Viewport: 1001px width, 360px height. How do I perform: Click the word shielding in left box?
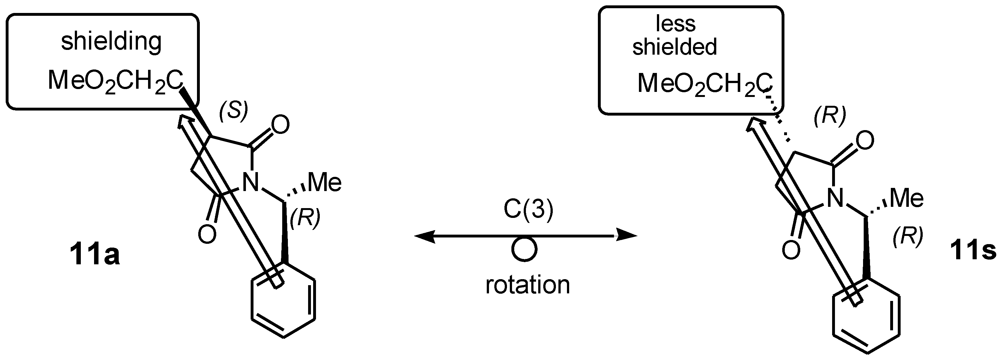click(111, 42)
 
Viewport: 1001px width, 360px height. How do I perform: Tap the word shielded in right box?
click(675, 47)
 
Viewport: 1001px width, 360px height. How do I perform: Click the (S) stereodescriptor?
click(233, 111)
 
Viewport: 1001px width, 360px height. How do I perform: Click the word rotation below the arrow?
click(528, 285)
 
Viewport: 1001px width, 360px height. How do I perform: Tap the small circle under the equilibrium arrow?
click(524, 249)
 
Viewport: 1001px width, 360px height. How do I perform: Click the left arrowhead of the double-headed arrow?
click(424, 236)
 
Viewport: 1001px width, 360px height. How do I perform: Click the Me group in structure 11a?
click(325, 183)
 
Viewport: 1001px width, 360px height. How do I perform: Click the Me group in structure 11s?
click(906, 199)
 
